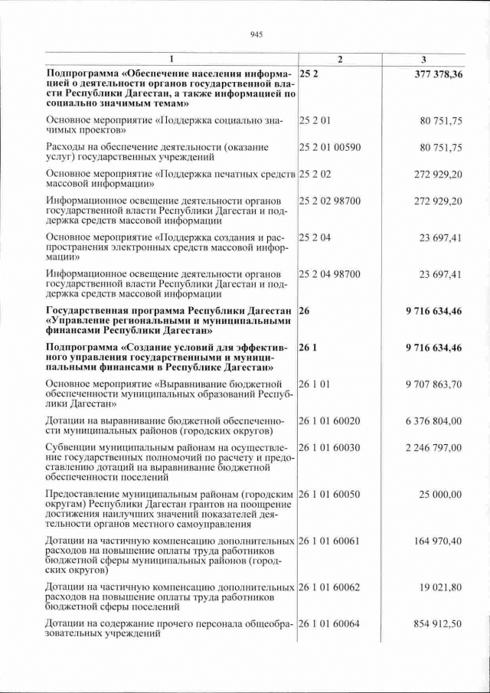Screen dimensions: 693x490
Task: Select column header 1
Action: tap(171, 60)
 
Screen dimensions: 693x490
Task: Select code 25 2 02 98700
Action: tap(330, 201)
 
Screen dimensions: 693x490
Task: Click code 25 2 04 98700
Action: tap(330, 274)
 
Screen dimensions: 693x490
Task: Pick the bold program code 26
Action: tap(305, 311)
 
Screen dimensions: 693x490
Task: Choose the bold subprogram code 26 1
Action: tap(308, 348)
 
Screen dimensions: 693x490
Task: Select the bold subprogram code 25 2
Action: tap(308, 74)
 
